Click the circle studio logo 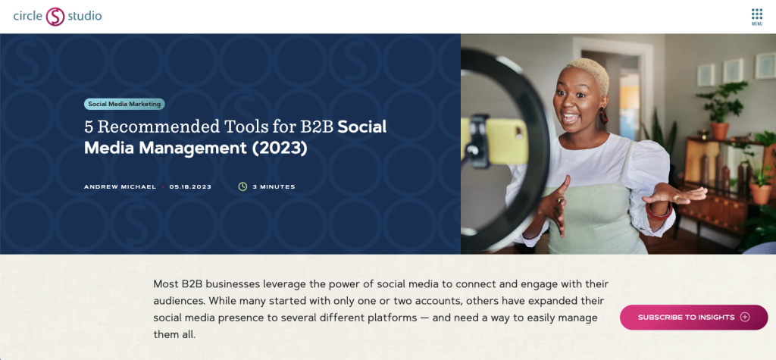click(x=58, y=16)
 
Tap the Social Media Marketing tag click(x=124, y=105)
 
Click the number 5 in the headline click(x=89, y=127)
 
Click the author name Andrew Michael click(x=120, y=186)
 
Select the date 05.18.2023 click(x=190, y=186)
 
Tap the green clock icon click(x=242, y=186)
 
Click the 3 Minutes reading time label click(x=274, y=186)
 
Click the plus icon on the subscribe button click(x=745, y=317)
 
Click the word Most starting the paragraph click(x=165, y=284)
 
